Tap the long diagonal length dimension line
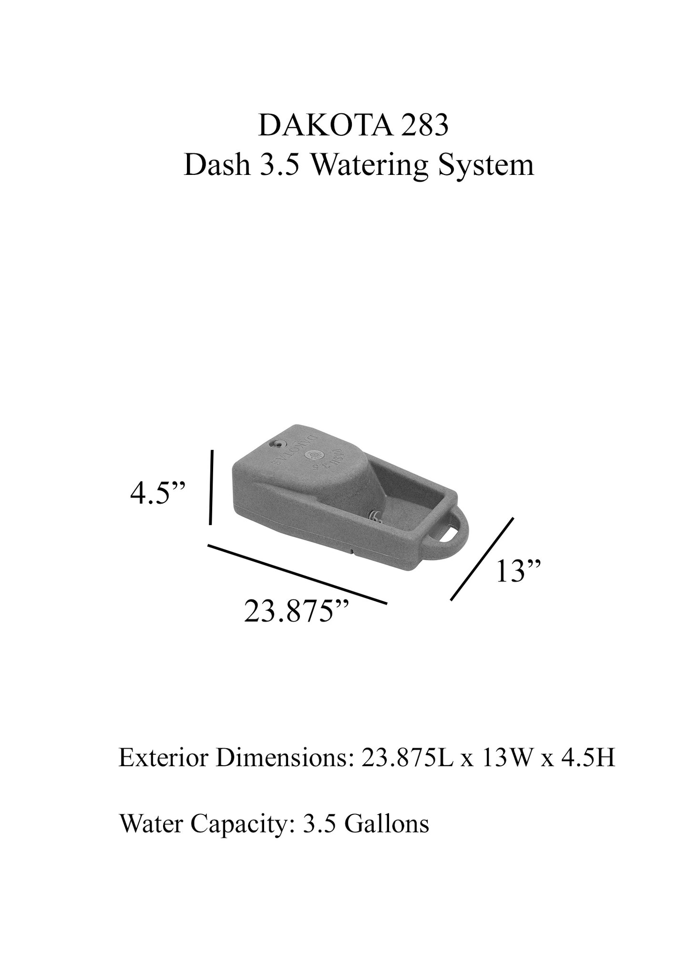tap(297, 574)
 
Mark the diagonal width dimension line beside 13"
tap(482, 558)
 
